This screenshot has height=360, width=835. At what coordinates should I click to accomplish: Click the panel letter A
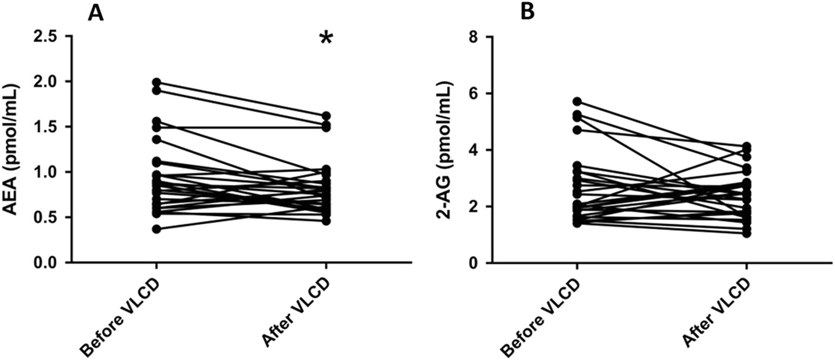96,13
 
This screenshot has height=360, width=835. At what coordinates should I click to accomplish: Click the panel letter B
527,13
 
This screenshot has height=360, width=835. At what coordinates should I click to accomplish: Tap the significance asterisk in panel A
326,39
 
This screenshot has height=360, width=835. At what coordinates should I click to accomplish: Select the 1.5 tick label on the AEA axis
45,127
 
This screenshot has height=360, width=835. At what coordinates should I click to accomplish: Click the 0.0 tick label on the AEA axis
45,263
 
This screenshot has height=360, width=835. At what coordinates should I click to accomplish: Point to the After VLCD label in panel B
715,314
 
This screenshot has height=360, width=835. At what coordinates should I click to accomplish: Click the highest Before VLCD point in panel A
156,82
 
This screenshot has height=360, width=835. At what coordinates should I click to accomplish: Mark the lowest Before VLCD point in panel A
156,229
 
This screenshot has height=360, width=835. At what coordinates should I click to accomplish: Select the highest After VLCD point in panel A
326,116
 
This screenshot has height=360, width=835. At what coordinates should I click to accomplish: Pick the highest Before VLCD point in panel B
577,102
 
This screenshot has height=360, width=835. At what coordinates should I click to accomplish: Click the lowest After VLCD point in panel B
746,233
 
